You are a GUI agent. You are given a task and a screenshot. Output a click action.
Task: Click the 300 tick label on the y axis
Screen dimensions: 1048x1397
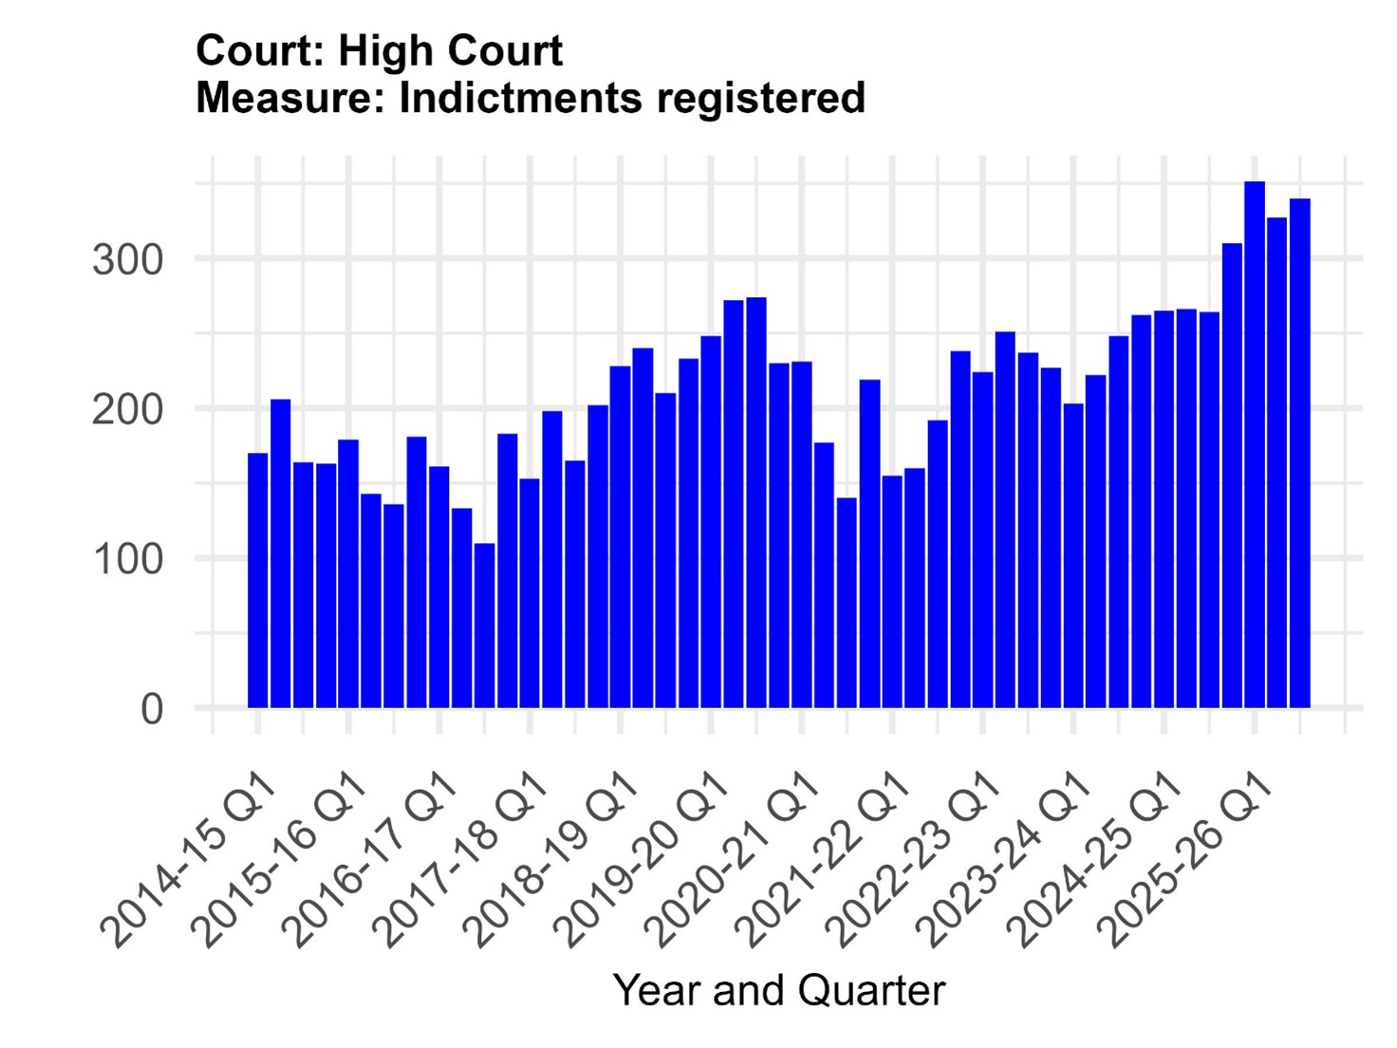[x=127, y=259]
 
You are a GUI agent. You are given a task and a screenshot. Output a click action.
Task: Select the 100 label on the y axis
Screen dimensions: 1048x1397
[x=127, y=559]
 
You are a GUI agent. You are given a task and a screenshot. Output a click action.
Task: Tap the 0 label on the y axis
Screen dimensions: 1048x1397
[x=152, y=709]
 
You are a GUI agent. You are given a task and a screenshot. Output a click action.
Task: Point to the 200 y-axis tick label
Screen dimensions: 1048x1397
[x=127, y=409]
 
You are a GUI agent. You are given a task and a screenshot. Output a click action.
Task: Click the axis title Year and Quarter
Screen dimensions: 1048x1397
[x=779, y=990]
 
